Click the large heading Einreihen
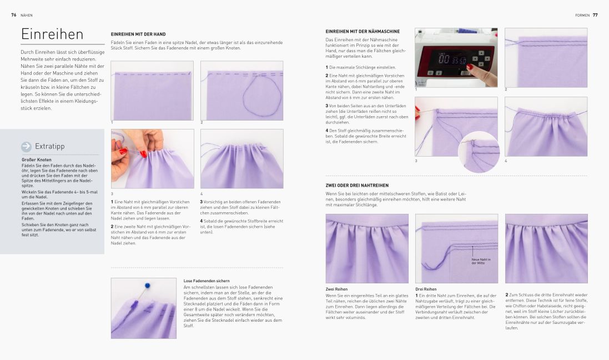tap(52, 34)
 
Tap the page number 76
tap(13, 15)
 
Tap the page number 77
tap(595, 15)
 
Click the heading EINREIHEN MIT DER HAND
tap(138, 34)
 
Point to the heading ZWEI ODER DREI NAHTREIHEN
tap(357, 185)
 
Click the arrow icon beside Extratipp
tap(26, 147)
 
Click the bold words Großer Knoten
tap(37, 160)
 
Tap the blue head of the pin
tap(147, 286)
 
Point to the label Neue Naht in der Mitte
tap(481, 261)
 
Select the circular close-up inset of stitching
tap(479, 151)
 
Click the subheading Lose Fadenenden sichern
tap(207, 281)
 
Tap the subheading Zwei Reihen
tap(336, 289)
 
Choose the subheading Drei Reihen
tap(426, 289)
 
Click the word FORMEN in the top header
tap(582, 15)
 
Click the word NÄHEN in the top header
tap(27, 15)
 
